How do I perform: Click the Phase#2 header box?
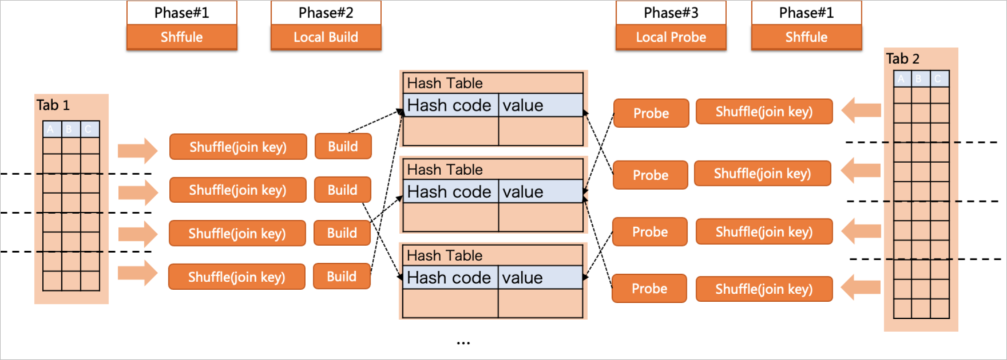point(326,13)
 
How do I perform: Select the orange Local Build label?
point(326,37)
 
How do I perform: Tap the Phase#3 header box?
point(671,13)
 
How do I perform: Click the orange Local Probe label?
point(671,37)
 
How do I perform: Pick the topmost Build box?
point(343,147)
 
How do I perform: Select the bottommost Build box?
point(342,276)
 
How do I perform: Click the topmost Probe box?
point(651,113)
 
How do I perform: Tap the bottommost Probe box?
point(649,288)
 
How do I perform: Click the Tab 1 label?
point(53,105)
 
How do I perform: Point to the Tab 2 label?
point(902,59)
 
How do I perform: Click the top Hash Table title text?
point(445,83)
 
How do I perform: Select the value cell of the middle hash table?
point(540,192)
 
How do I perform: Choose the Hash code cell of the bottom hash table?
point(449,278)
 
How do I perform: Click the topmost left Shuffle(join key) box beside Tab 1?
point(238,147)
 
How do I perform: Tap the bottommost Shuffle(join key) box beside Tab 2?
point(764,289)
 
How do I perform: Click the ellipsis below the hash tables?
point(463,343)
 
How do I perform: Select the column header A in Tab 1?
point(51,129)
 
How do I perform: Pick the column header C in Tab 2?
point(938,79)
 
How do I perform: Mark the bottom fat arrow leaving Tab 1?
point(137,273)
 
